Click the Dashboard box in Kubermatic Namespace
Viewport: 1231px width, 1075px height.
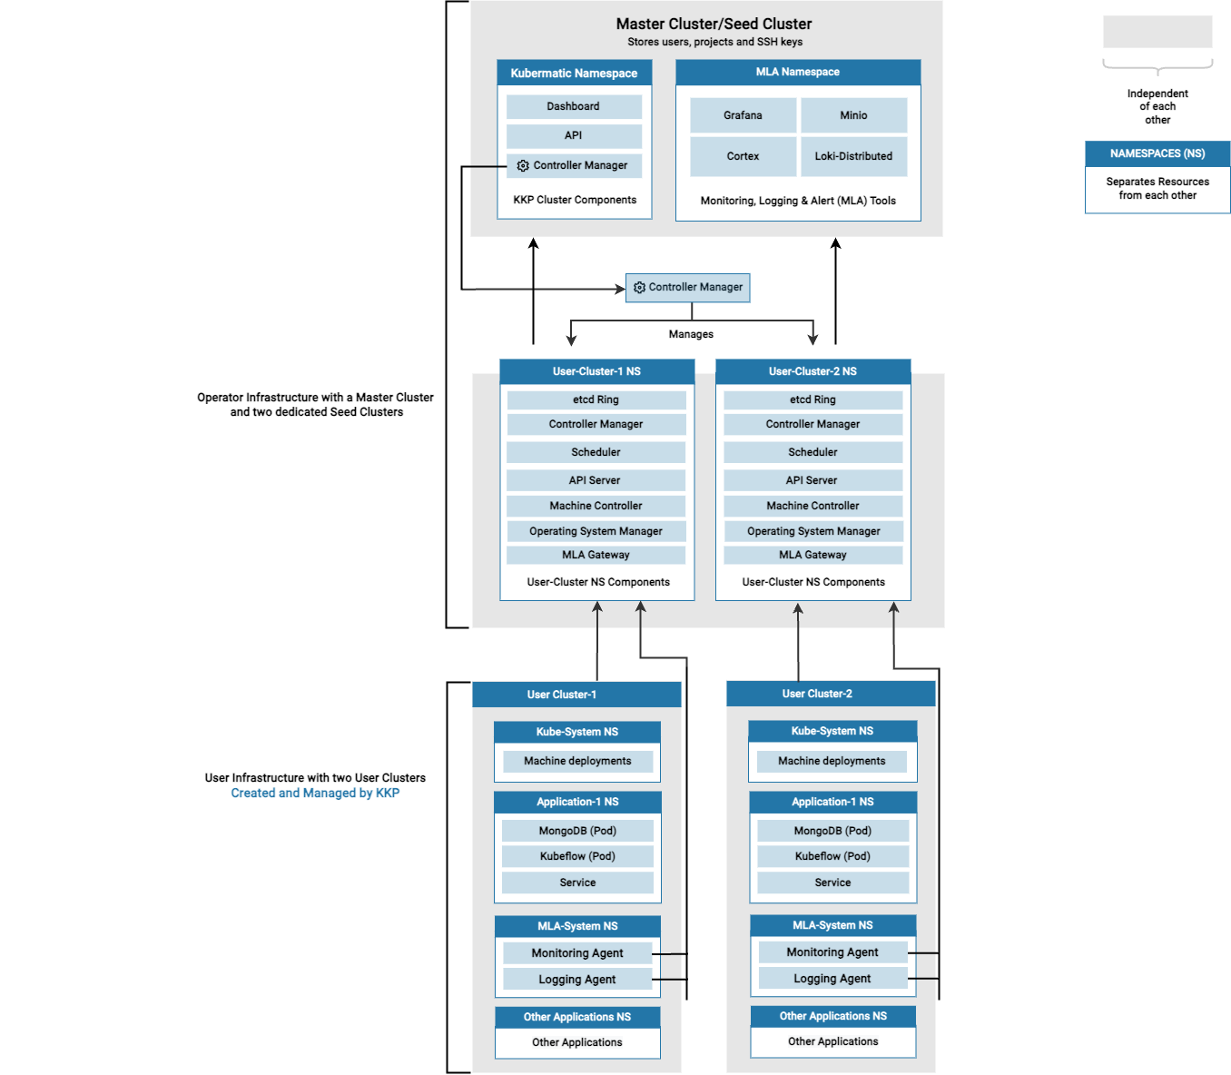(x=574, y=106)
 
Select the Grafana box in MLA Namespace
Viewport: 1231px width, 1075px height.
(x=743, y=115)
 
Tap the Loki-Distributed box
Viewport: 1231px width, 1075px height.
(x=853, y=156)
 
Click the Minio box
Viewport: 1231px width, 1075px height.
(x=853, y=115)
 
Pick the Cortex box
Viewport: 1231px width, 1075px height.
(x=743, y=156)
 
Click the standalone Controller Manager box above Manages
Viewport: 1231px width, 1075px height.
(x=687, y=287)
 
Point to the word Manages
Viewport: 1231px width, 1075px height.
(x=691, y=334)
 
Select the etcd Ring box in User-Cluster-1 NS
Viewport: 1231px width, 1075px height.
(x=596, y=399)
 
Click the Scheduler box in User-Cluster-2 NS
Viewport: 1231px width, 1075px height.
(x=812, y=452)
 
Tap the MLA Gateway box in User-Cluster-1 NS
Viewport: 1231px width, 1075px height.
(x=596, y=555)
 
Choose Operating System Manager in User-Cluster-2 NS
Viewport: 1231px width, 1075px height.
(x=812, y=531)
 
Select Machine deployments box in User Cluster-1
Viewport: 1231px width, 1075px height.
(x=577, y=761)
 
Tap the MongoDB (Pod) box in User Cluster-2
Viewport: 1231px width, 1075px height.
(x=832, y=831)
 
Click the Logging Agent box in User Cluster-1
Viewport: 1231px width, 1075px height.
(x=577, y=980)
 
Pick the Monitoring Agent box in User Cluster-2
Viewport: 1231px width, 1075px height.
(x=832, y=952)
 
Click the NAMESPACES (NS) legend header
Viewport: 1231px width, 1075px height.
(x=1157, y=153)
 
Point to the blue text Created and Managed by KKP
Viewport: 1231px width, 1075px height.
(x=315, y=793)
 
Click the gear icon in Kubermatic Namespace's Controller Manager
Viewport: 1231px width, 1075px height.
(x=523, y=165)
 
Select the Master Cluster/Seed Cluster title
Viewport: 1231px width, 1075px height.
(x=714, y=24)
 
